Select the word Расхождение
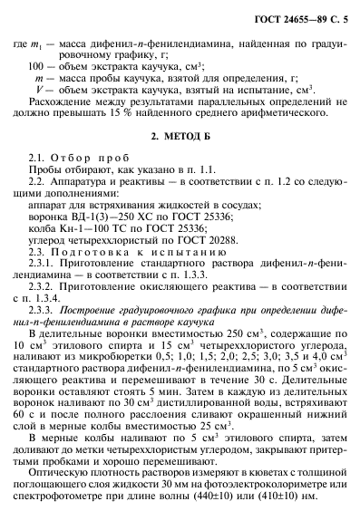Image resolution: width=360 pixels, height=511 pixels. click(64, 99)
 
